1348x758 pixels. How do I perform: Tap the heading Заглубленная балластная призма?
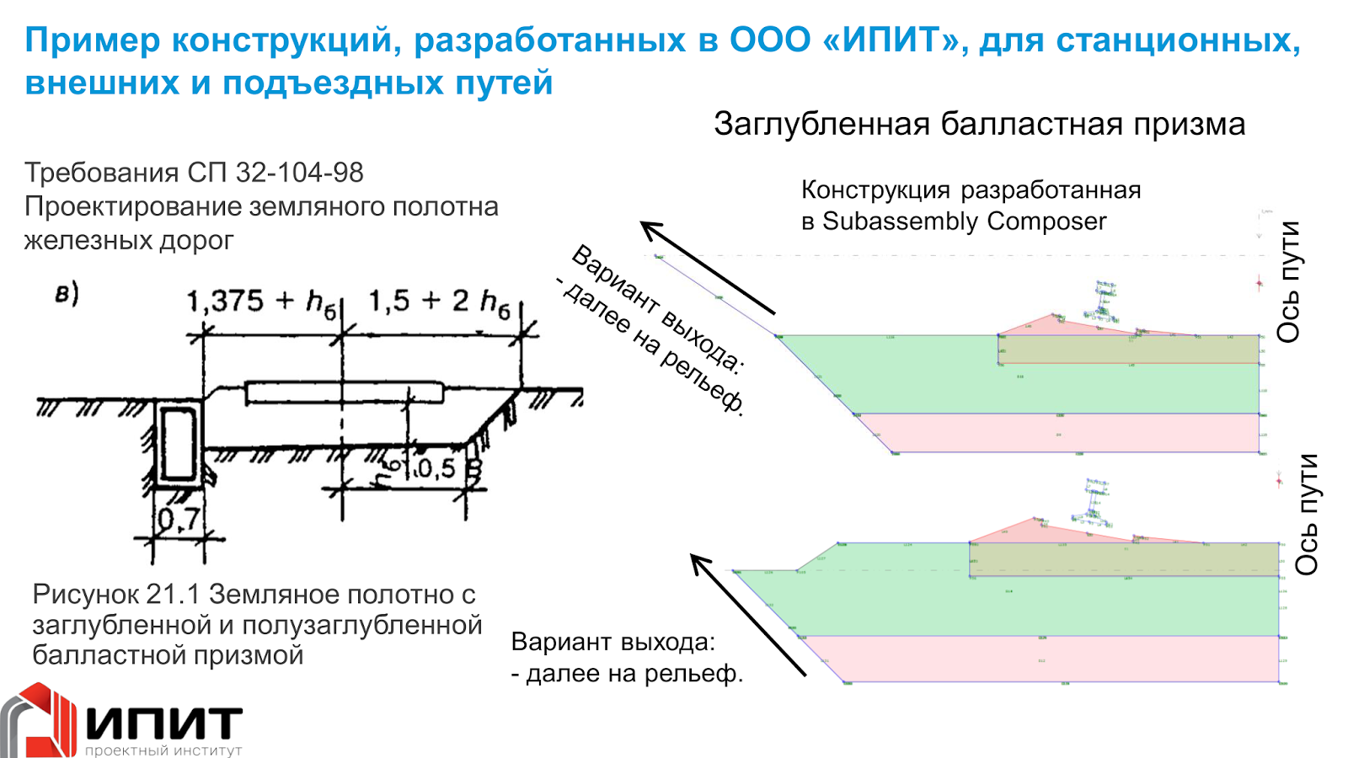tap(979, 124)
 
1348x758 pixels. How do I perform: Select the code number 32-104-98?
tap(299, 173)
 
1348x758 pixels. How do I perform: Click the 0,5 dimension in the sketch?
tap(436, 468)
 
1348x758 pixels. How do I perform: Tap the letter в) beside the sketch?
tap(67, 293)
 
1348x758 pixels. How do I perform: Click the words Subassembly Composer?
tap(964, 222)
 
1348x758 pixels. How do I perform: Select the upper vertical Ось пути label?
tap(1288, 281)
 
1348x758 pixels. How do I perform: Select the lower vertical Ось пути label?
tap(1306, 514)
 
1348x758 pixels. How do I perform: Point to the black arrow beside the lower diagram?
tap(748, 614)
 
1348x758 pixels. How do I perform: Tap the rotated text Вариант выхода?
tap(656, 308)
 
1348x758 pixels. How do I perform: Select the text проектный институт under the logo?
tap(163, 750)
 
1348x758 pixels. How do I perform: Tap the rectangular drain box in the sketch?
tap(178, 444)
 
